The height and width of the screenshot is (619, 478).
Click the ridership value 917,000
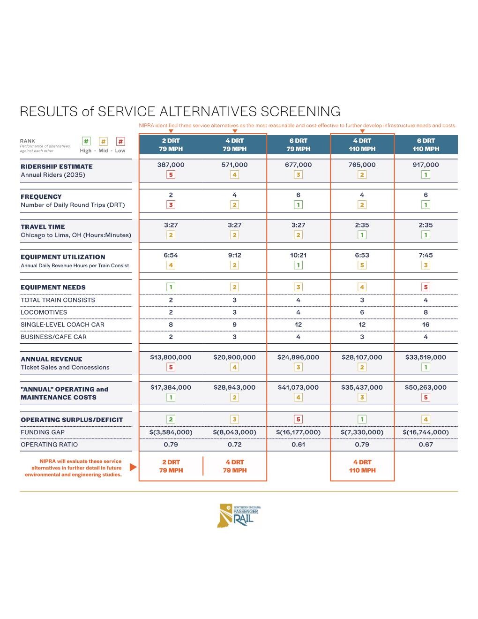pyautogui.click(x=426, y=165)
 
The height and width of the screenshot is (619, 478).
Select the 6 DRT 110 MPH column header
pyautogui.click(x=426, y=145)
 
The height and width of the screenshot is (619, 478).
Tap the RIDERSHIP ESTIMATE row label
pyautogui.click(x=57, y=166)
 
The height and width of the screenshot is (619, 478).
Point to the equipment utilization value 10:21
pyautogui.click(x=298, y=255)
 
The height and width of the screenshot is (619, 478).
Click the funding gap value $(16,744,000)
pyautogui.click(x=426, y=432)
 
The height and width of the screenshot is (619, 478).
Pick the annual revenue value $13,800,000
pyautogui.click(x=171, y=357)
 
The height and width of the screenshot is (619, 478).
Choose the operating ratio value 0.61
pyautogui.click(x=298, y=445)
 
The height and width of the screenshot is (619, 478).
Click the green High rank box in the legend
pyautogui.click(x=86, y=141)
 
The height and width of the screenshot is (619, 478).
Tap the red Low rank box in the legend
pyautogui.click(x=120, y=141)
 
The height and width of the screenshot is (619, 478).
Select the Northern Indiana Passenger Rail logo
pyautogui.click(x=239, y=515)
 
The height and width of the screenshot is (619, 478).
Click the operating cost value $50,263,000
pyautogui.click(x=426, y=387)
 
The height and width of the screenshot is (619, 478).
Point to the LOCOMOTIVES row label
pyautogui.click(x=44, y=312)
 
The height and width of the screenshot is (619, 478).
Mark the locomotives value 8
pyautogui.click(x=426, y=312)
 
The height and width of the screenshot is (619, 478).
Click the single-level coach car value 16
pyautogui.click(x=426, y=325)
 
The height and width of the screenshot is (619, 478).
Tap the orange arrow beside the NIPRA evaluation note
pyautogui.click(x=133, y=467)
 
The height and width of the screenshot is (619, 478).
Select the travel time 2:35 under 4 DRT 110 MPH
pyautogui.click(x=362, y=225)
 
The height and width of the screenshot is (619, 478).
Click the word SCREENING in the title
pyautogui.click(x=300, y=112)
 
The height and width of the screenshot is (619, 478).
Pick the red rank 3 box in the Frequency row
pyautogui.click(x=171, y=205)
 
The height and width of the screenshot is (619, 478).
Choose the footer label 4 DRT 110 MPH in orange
pyautogui.click(x=362, y=466)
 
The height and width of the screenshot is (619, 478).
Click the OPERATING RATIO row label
pyautogui.click(x=49, y=445)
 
